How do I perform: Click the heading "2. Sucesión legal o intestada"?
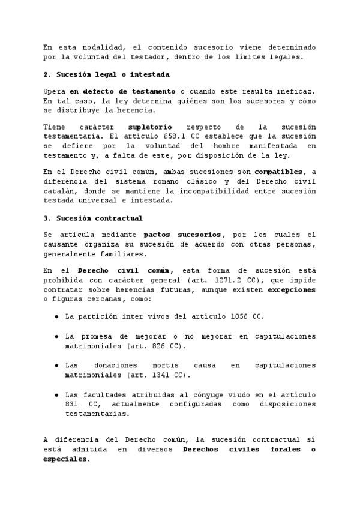pyautogui.click(x=106, y=74)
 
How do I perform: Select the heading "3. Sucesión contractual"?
pyautogui.click(x=93, y=218)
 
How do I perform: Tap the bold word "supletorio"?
pyautogui.click(x=150, y=127)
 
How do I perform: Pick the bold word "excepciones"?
pyautogui.click(x=291, y=289)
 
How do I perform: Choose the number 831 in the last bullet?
pyautogui.click(x=73, y=405)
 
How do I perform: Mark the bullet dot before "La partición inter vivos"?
pyautogui.click(x=56, y=316)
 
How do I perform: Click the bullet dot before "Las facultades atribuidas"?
pyautogui.click(x=56, y=395)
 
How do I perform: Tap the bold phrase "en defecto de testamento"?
pyautogui.click(x=122, y=91)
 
